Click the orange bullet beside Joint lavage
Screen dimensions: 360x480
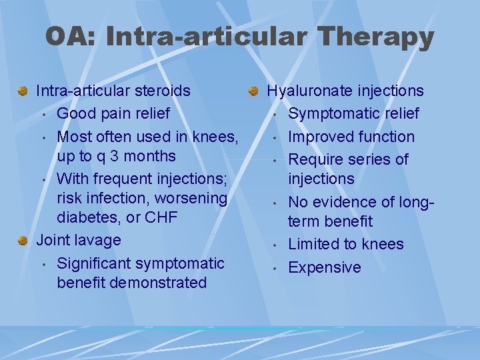tap(23, 241)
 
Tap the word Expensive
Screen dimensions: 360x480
tap(324, 267)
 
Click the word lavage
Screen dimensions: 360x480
tap(99, 240)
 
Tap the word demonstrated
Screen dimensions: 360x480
tap(158, 283)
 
